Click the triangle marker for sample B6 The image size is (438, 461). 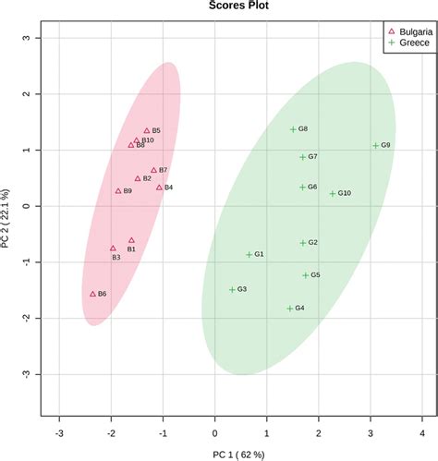92,293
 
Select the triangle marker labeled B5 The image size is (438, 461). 147,131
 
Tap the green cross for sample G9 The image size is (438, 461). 375,145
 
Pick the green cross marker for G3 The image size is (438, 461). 232,289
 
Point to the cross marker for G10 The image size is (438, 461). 333,193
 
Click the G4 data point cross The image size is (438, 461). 289,308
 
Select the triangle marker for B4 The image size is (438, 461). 159,188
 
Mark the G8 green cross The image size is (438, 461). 293,129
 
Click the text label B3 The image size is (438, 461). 116,258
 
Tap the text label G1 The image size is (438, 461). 260,254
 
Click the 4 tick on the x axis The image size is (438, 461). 421,431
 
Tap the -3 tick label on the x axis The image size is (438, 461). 58,431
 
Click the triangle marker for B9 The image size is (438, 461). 118,191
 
